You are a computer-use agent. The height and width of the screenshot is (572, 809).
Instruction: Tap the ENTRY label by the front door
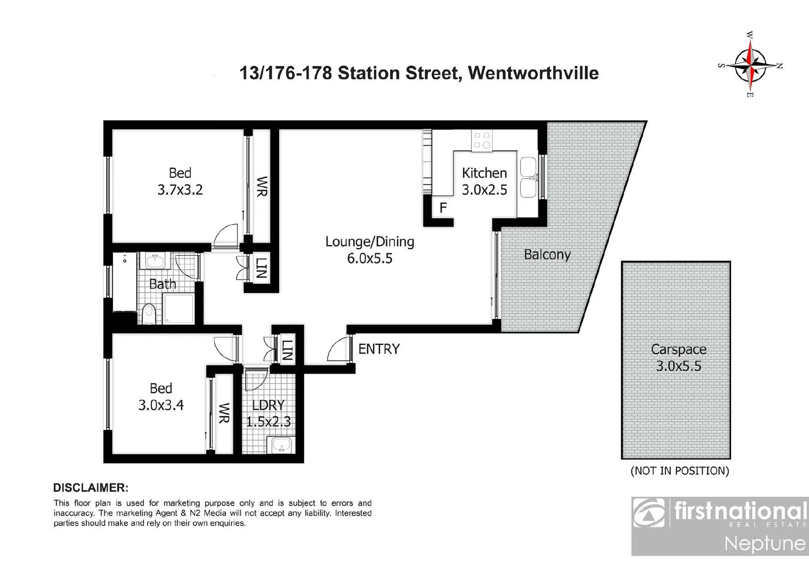point(379,349)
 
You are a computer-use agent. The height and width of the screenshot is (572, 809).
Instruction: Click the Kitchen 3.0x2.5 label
point(484,181)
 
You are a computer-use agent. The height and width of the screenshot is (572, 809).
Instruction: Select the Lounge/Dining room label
point(370,250)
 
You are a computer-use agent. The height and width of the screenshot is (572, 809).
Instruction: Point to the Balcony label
point(547,254)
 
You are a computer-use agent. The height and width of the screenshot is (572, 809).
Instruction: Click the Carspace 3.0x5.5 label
point(678,357)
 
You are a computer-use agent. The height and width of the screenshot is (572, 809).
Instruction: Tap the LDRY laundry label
point(268,413)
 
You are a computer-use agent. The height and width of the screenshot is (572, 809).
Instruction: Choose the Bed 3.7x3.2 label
point(180,181)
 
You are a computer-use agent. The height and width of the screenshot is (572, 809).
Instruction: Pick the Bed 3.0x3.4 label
point(161,397)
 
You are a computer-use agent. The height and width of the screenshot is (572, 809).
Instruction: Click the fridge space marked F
point(443,208)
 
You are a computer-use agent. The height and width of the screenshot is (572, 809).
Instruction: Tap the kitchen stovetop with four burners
point(482,140)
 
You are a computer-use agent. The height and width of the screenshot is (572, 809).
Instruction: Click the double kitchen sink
point(529,177)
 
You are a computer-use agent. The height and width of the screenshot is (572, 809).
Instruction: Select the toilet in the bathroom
point(149,314)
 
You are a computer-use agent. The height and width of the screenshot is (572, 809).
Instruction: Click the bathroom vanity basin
point(155,261)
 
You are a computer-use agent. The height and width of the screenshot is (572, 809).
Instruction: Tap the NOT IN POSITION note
point(680,471)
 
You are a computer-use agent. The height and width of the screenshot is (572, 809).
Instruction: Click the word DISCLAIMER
point(91,488)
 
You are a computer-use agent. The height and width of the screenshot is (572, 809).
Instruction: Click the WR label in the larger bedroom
point(262,186)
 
